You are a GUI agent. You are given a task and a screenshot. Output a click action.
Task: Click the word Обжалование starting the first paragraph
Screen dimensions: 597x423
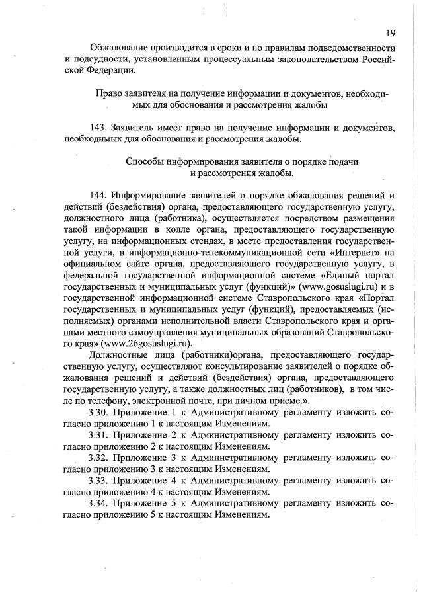pyautogui.click(x=119, y=48)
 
